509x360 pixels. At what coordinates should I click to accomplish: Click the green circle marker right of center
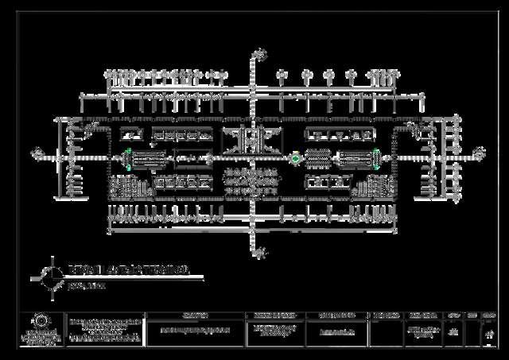coord(296,159)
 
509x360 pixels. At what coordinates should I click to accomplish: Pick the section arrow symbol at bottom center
coord(259,254)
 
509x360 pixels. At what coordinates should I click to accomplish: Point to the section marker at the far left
coord(36,152)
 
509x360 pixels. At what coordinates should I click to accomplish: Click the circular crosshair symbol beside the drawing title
coord(52,275)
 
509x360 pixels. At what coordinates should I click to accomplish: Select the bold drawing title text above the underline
coord(127,271)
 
